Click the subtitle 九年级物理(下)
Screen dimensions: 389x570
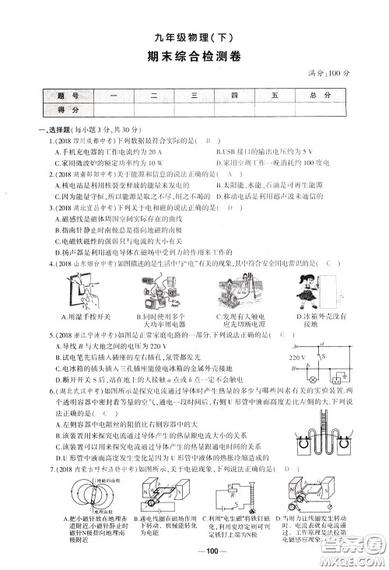194,36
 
